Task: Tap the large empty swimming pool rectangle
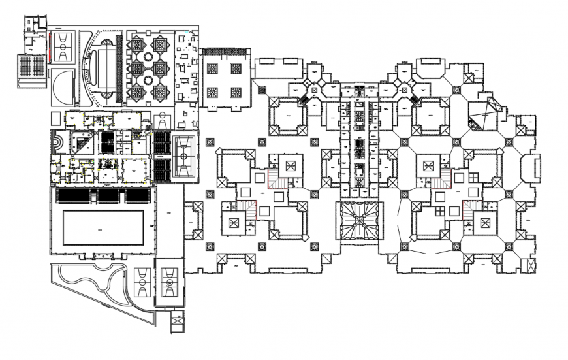point(102,227)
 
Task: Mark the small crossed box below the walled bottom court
point(177,323)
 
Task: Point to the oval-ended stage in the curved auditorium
point(104,65)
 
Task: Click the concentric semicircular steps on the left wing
point(59,142)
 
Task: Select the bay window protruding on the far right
point(537,166)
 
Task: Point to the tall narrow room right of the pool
point(168,222)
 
